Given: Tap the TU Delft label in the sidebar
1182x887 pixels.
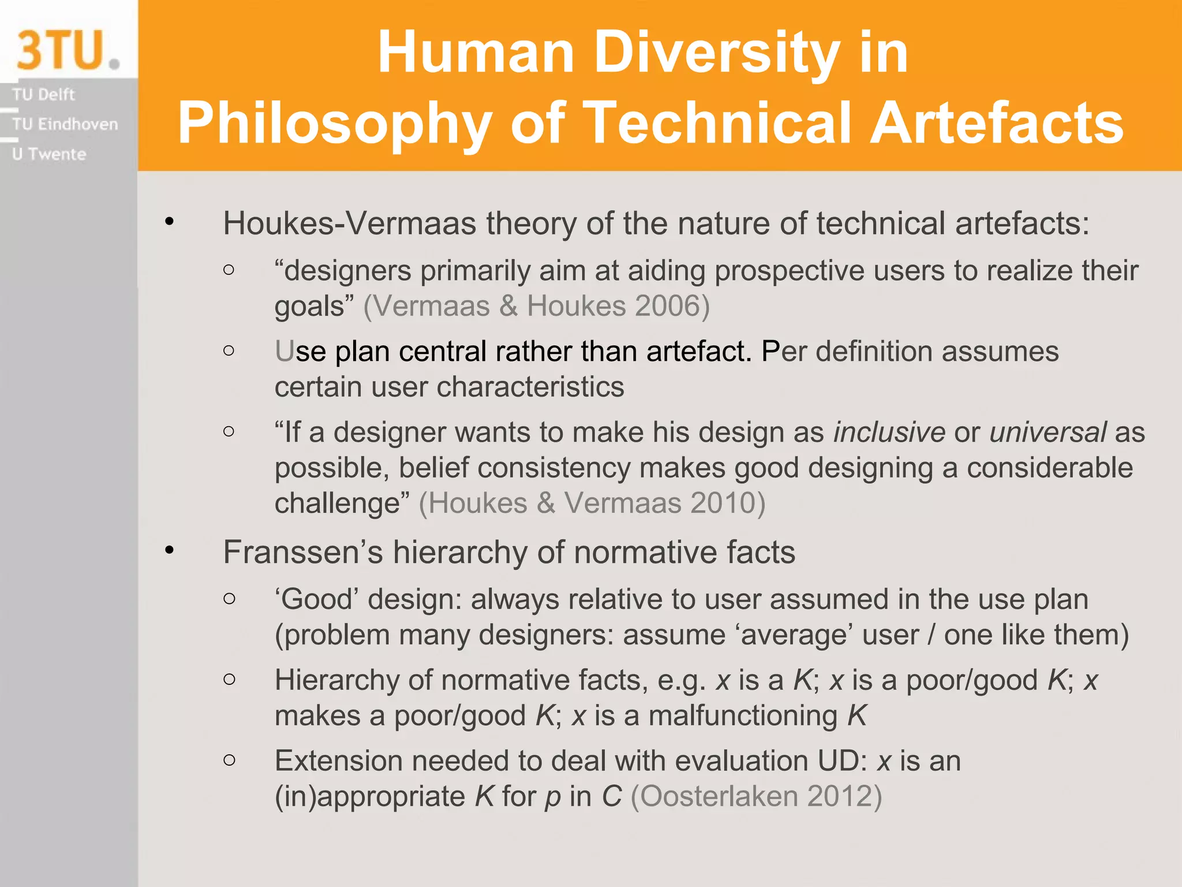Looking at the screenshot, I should (x=43, y=94).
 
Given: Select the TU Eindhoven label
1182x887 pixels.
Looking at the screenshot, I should (x=65, y=124).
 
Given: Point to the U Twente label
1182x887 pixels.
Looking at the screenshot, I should (x=49, y=154).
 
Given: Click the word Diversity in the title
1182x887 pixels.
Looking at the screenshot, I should (x=716, y=53).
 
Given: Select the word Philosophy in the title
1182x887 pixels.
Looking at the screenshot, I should (x=335, y=124).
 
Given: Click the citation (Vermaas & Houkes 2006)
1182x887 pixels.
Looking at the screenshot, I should (x=536, y=306).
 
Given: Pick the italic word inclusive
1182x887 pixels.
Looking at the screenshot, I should (x=889, y=433).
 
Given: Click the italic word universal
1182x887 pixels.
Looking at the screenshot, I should (x=1048, y=433).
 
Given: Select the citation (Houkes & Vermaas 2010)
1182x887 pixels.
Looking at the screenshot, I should (x=592, y=503).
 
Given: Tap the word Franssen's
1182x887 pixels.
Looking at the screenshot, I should (x=303, y=552).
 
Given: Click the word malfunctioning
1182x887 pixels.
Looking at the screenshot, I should (x=743, y=715).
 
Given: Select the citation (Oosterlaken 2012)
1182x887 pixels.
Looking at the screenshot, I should (x=756, y=796).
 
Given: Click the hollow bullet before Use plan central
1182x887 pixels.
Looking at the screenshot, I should (x=229, y=351).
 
